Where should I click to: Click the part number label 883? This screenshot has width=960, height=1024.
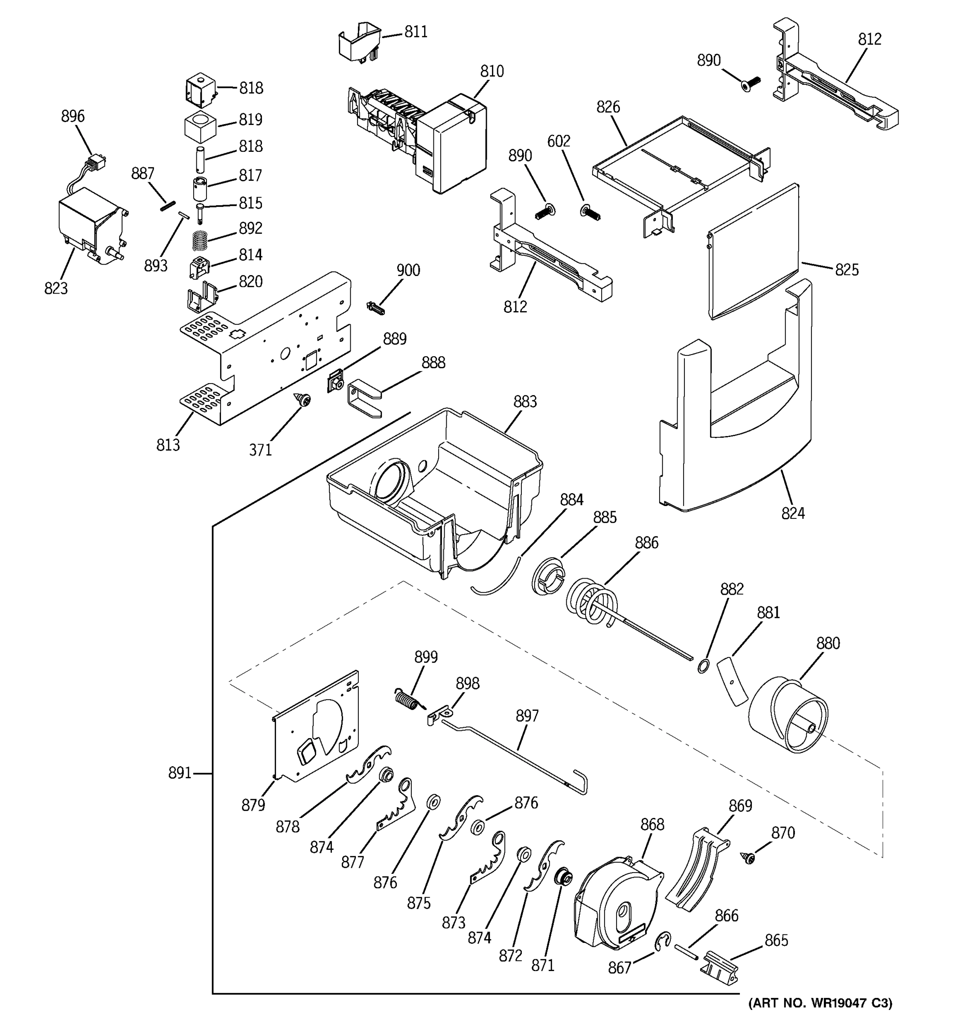[x=525, y=402]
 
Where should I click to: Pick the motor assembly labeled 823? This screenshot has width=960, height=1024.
[x=87, y=227]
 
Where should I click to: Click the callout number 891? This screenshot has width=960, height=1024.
[x=180, y=773]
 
